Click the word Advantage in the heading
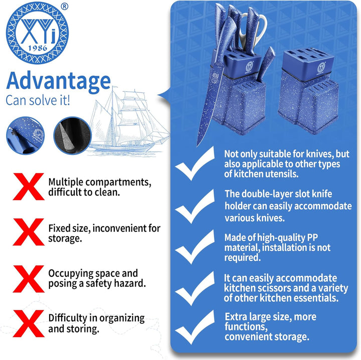tap(58, 80)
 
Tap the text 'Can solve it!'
tap(38, 99)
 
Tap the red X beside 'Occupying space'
tap(27, 278)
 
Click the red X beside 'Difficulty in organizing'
tap(27, 323)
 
